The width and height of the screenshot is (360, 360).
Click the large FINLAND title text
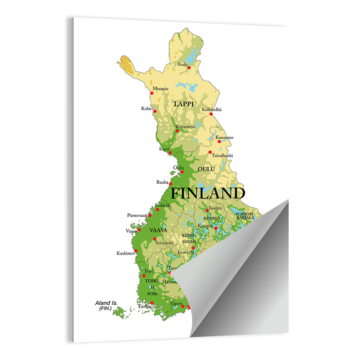point(207,193)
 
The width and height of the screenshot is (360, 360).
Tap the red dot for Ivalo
point(189,67)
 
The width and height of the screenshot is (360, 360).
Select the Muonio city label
point(160,89)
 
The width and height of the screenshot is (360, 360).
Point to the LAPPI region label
point(184,104)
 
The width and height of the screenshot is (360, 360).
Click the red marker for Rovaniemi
point(177,131)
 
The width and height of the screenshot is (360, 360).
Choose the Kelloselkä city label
point(212,109)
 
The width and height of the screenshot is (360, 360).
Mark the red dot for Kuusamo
point(219,141)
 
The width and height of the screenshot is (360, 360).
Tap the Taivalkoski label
point(222,156)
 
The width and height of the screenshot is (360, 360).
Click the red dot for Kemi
point(170,153)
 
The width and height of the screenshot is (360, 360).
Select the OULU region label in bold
point(206,169)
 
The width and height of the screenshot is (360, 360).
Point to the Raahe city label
point(162,182)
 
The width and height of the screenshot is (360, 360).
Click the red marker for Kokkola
point(157,210)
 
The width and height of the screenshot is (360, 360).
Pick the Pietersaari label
point(137,215)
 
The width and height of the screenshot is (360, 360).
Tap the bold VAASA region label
point(158,230)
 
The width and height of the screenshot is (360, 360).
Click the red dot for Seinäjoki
point(154,239)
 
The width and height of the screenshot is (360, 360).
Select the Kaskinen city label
point(125,253)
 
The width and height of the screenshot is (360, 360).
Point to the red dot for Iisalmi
point(207,210)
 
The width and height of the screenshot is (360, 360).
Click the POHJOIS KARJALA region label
point(245,216)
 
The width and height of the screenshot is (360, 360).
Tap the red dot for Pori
point(144,276)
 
